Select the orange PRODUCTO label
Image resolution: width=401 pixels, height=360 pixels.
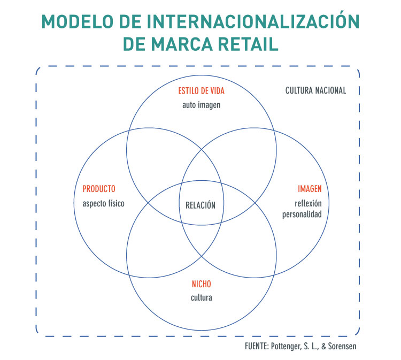[x=99, y=189]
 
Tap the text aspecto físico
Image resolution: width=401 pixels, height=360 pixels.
[x=104, y=203]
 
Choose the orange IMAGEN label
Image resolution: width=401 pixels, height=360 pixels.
[x=310, y=189]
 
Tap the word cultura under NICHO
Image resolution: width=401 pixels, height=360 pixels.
[x=202, y=297]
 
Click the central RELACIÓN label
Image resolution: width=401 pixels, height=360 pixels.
[x=201, y=205]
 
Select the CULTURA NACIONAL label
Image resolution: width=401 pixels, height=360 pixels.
[x=316, y=90]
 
